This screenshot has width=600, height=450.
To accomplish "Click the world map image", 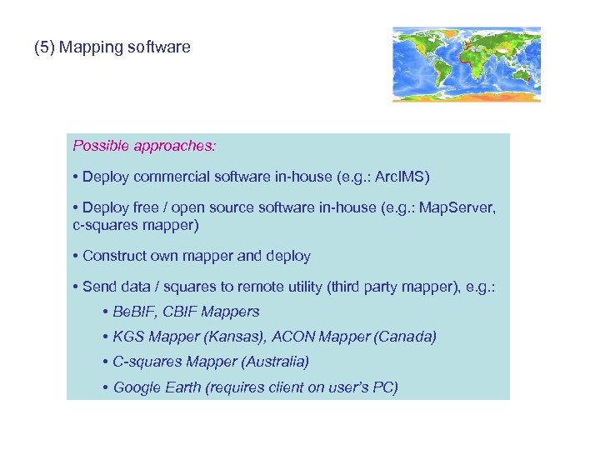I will pyautogui.click(x=467, y=64).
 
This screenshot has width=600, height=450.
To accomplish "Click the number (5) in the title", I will pyautogui.click(x=44, y=47).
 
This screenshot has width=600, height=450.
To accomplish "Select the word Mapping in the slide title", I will pyautogui.click(x=91, y=47).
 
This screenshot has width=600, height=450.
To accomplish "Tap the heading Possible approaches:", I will pyautogui.click(x=144, y=146).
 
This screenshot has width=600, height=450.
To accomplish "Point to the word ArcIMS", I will pyautogui.click(x=402, y=177).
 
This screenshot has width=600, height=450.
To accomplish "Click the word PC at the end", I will pyautogui.click(x=382, y=387).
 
